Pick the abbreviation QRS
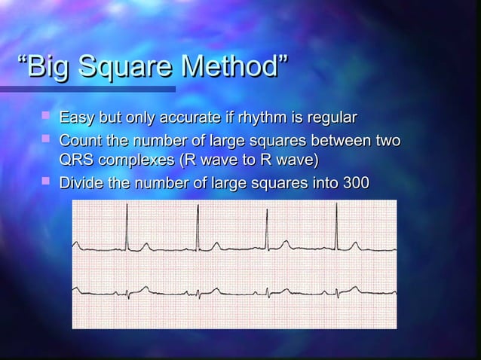point(76,160)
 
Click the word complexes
point(138,161)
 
